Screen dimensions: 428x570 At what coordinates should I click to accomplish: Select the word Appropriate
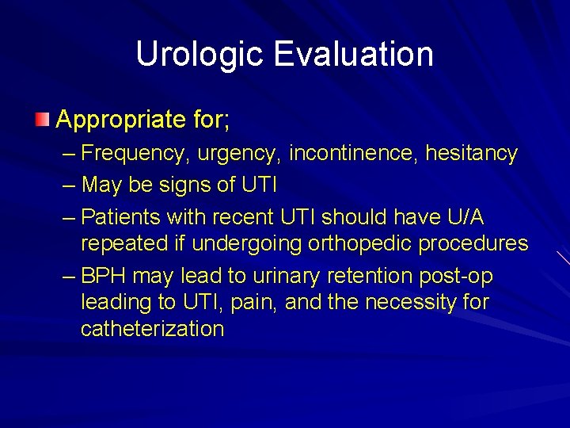115,120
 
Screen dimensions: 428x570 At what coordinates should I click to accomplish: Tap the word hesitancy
471,153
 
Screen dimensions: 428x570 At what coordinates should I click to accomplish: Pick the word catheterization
153,329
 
